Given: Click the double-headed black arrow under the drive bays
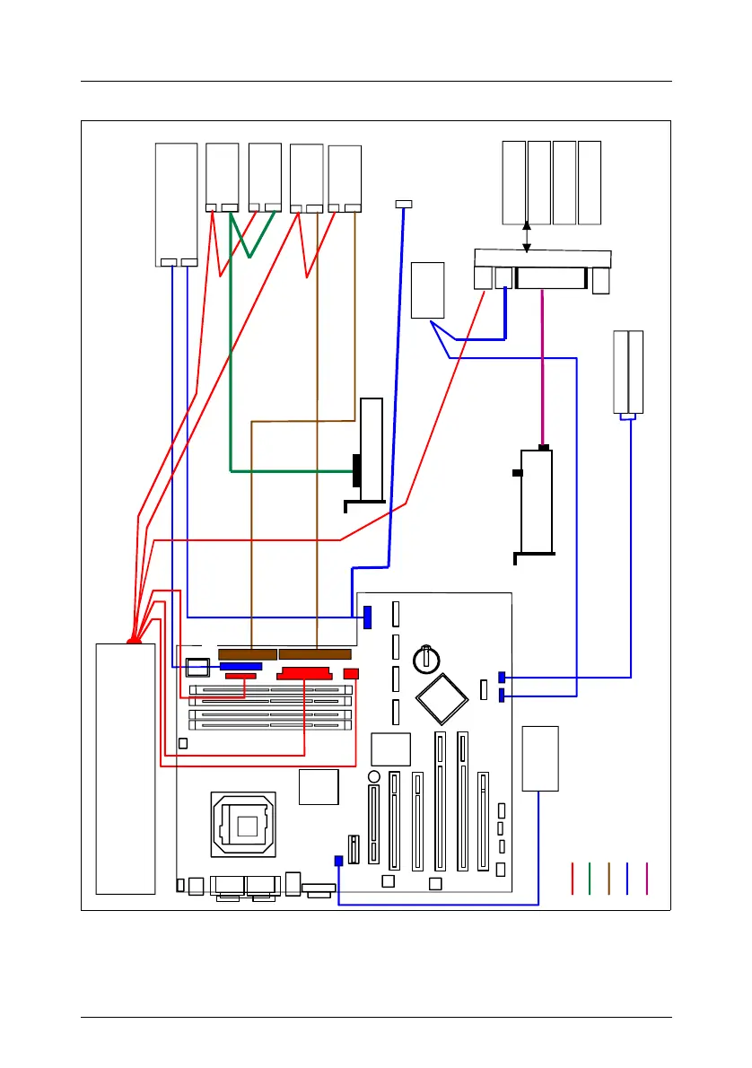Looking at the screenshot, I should pyautogui.click(x=527, y=237).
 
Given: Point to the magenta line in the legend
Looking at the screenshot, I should pyautogui.click(x=646, y=878).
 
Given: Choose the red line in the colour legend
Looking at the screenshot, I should pyautogui.click(x=573, y=878).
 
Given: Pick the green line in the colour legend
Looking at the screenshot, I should pyautogui.click(x=590, y=878).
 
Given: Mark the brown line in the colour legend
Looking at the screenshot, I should pyautogui.click(x=608, y=878).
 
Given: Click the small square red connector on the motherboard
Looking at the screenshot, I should pyautogui.click(x=351, y=674).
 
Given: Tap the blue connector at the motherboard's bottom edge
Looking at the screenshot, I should pyautogui.click(x=338, y=861).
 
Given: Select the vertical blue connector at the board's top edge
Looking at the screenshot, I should pyautogui.click(x=367, y=617).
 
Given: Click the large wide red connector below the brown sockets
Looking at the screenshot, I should pyautogui.click(x=305, y=674).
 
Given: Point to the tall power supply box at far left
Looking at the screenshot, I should pyautogui.click(x=126, y=767).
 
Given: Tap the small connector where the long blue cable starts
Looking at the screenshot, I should pyautogui.click(x=404, y=205).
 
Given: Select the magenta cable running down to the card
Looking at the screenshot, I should pyautogui.click(x=541, y=368).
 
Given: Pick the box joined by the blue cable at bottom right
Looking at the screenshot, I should pyautogui.click(x=540, y=758).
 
